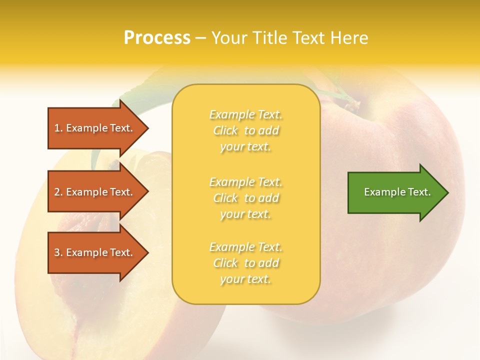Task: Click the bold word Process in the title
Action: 157,38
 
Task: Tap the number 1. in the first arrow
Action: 58,128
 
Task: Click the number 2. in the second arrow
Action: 58,192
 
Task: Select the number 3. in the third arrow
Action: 58,252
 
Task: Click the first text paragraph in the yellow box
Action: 245,130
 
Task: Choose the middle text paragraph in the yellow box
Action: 245,198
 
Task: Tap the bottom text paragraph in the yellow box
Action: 245,263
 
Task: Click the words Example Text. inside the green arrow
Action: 397,192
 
